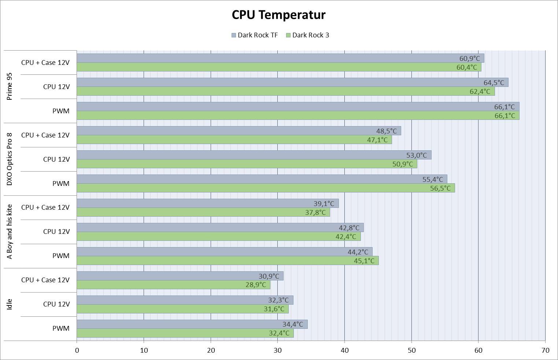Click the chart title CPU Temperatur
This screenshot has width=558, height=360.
[x=278, y=15]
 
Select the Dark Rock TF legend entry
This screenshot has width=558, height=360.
[x=255, y=35]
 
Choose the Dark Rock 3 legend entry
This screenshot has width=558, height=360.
[x=307, y=35]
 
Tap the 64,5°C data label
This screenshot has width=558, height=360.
[x=494, y=82]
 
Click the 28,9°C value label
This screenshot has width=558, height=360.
[x=255, y=284]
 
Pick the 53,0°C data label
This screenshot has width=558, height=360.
[x=416, y=155]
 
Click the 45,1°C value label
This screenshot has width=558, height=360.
[x=364, y=261]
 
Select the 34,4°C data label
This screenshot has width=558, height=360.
[x=292, y=324]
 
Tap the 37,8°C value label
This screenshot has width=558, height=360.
[x=315, y=212]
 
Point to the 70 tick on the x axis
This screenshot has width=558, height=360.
[x=545, y=350]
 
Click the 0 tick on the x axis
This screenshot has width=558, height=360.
[x=77, y=350]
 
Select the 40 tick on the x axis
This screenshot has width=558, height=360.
[x=344, y=350]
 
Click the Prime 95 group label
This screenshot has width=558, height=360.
[x=10, y=86]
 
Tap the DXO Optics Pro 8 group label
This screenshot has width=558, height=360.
[x=10, y=159]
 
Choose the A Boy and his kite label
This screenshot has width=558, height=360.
[x=10, y=232]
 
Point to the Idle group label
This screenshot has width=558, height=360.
[x=10, y=304]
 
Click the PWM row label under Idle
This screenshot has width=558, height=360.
[x=60, y=328]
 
